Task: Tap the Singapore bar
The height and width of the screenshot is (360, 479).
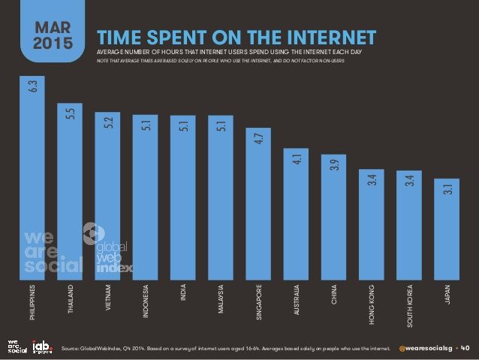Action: (258, 203)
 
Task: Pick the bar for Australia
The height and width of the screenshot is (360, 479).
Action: (296, 213)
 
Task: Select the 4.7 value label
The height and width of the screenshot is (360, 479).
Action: (258, 139)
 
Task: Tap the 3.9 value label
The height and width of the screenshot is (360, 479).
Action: (334, 165)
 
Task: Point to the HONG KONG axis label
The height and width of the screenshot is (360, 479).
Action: (372, 305)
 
